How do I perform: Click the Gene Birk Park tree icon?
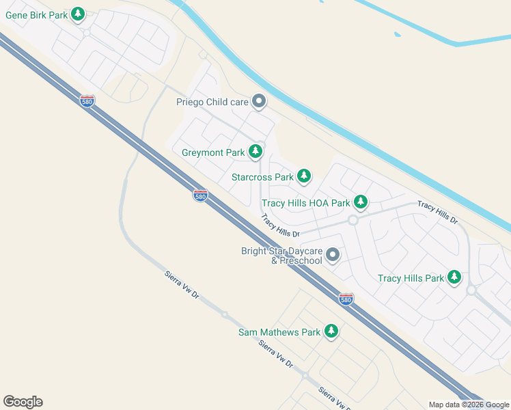tap(78, 13)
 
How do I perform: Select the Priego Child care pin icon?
tap(259, 102)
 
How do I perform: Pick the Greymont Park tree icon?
tap(256, 151)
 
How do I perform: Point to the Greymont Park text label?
tap(213, 152)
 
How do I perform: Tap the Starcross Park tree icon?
tap(304, 176)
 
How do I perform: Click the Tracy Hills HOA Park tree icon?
tap(361, 202)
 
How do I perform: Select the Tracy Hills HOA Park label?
tap(305, 203)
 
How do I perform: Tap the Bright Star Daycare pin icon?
tap(333, 255)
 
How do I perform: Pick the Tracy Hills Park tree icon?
tap(454, 277)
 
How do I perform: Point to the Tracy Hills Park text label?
tap(411, 278)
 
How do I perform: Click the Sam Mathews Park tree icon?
tap(331, 331)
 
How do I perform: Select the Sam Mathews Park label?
tap(279, 333)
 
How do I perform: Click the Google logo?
tap(23, 402)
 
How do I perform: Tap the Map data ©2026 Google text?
tap(469, 405)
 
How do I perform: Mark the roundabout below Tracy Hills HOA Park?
tap(353, 220)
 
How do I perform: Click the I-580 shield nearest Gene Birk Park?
tap(87, 100)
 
